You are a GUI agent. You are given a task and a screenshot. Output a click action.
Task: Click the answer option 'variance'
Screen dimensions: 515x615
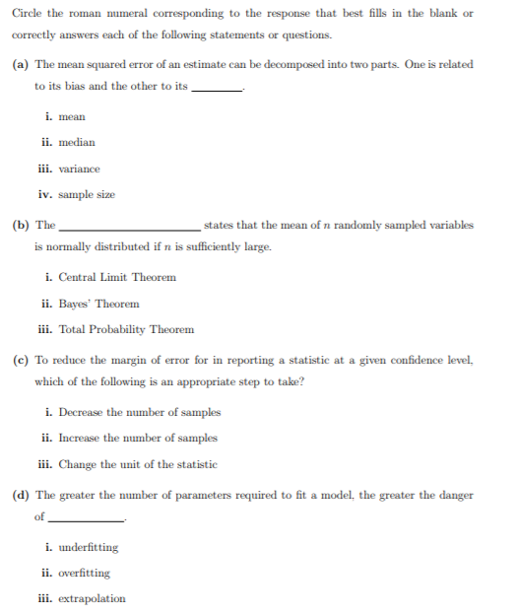tap(80, 169)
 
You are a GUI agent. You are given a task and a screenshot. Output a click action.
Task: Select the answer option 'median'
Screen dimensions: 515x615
tap(77, 143)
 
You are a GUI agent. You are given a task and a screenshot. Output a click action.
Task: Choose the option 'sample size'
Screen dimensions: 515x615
tap(88, 194)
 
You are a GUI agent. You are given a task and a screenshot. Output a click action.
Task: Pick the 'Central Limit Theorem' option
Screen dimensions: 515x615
tap(117, 277)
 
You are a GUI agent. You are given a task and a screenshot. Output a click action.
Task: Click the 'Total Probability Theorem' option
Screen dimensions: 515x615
tap(126, 329)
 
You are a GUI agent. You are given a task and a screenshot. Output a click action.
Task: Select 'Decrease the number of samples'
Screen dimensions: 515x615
tap(139, 412)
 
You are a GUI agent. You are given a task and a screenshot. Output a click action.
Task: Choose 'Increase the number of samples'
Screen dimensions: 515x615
tap(138, 438)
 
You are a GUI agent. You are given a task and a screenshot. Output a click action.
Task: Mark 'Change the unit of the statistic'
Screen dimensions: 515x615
tap(138, 463)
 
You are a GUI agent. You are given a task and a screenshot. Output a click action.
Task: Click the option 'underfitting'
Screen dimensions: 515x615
tap(89, 547)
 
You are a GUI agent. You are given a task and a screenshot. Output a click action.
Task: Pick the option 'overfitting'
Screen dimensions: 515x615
tap(85, 573)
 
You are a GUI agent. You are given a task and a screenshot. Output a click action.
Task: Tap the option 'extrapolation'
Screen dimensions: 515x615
tap(93, 598)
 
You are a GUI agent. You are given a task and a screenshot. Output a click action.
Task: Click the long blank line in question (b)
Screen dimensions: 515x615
tap(129, 229)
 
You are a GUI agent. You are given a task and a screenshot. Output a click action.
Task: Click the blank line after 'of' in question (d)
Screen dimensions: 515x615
tap(86, 519)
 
